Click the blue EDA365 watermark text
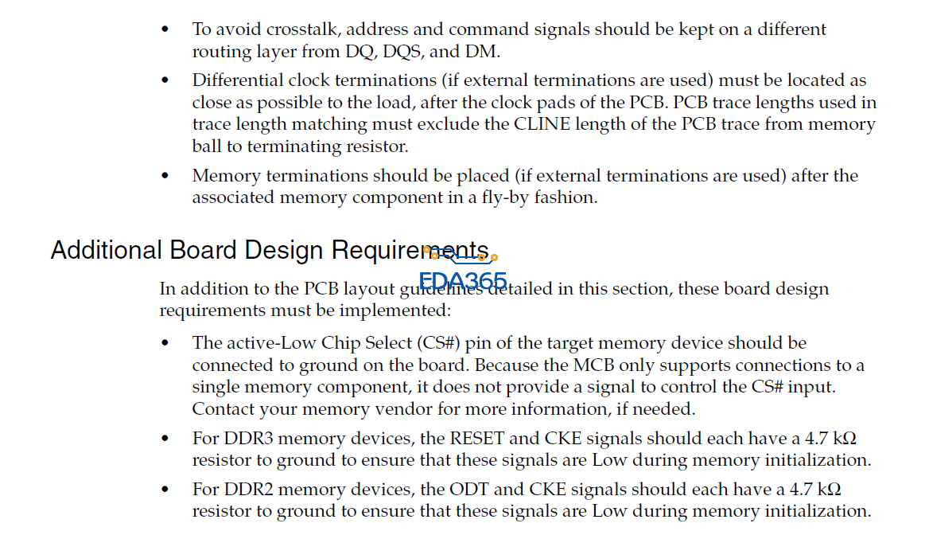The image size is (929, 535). [463, 281]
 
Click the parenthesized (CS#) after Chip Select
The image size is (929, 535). [437, 343]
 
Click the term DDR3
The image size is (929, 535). [250, 439]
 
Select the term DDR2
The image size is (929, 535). [250, 489]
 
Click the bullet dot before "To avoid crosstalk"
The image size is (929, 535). [165, 29]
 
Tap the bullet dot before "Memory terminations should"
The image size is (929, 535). [165, 176]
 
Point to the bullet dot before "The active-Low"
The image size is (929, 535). [165, 343]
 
